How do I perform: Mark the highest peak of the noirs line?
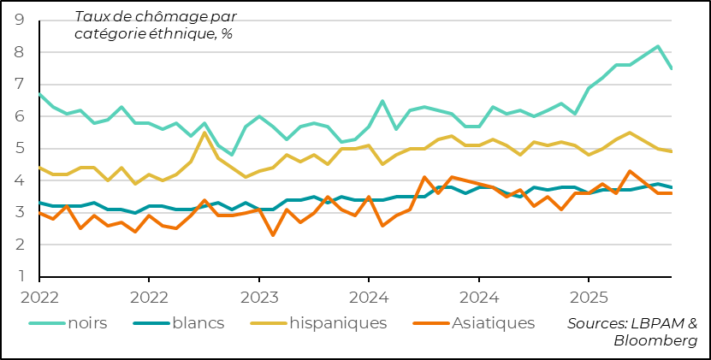pyautogui.click(x=657, y=46)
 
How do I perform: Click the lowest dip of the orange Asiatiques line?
pyautogui.click(x=272, y=235)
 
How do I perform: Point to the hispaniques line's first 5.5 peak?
pyautogui.click(x=204, y=133)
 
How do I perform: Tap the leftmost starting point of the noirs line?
pyautogui.click(x=39, y=94)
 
